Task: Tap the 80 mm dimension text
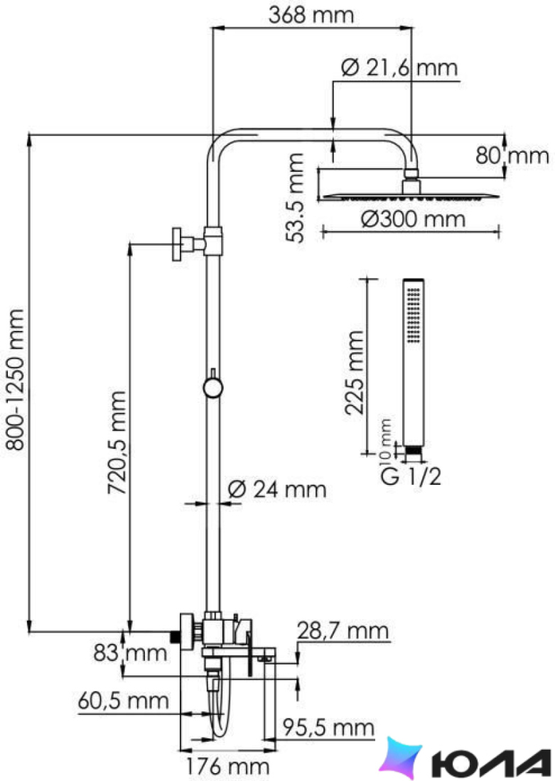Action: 512,155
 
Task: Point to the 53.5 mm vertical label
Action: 295,198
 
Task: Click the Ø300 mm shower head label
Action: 414,219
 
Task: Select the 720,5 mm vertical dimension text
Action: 117,442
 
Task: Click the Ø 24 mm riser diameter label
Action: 277,489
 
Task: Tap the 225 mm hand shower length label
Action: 355,373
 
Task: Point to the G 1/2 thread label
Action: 411,476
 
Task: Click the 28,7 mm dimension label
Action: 343,630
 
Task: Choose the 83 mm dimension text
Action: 130,652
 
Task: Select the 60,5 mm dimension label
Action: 123,701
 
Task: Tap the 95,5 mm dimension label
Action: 328,728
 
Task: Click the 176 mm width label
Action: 227,765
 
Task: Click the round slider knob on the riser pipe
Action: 213,387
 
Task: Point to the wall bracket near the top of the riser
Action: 198,244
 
